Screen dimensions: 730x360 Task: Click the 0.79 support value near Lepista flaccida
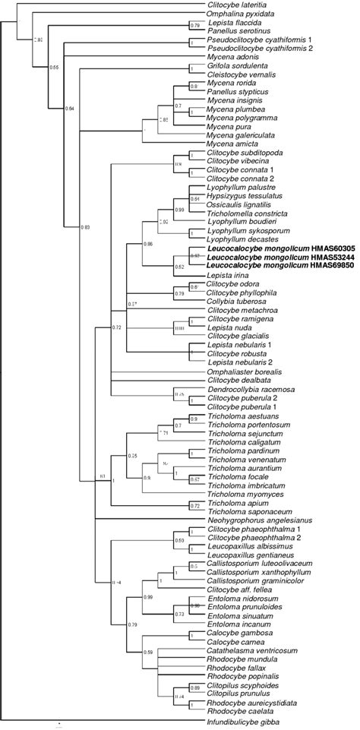pos(194,27)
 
